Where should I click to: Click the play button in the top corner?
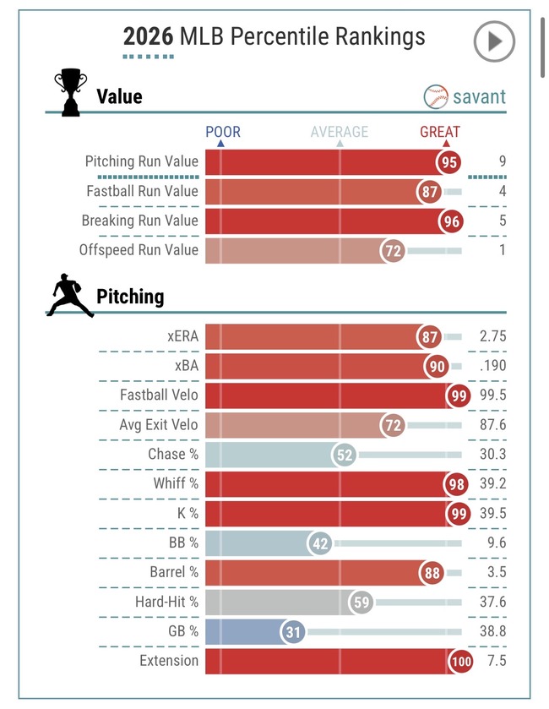click(x=494, y=41)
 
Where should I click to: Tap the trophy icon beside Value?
click(x=71, y=92)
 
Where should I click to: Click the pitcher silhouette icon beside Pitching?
click(x=70, y=295)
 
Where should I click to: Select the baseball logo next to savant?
click(x=436, y=96)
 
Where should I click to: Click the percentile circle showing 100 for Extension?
click(x=460, y=661)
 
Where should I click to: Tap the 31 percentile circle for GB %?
click(x=292, y=632)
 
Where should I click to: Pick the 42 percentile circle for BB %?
click(x=320, y=543)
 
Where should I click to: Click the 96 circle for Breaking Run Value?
click(x=451, y=221)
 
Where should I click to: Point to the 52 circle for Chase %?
click(x=345, y=455)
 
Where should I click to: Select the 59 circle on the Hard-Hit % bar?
click(x=361, y=603)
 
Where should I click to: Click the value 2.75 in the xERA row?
click(x=492, y=336)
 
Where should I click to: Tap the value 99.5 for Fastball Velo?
click(x=493, y=395)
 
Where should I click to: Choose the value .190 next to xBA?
click(x=493, y=366)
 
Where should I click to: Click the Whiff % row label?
click(x=176, y=483)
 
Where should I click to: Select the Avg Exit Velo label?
click(x=159, y=424)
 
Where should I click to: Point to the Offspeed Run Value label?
click(x=139, y=250)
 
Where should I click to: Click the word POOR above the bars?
click(x=223, y=132)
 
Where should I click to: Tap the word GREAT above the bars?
click(x=440, y=132)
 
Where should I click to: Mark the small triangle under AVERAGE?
click(x=340, y=144)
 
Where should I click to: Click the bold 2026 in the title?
click(x=148, y=36)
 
